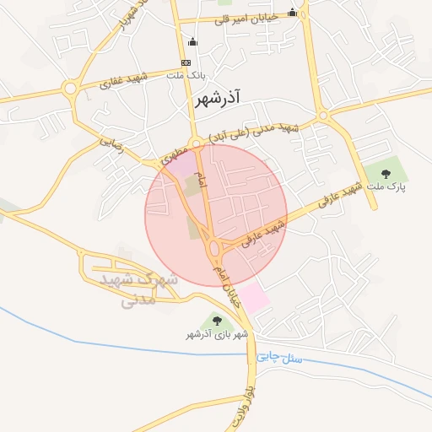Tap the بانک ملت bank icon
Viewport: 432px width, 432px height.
click(186, 63)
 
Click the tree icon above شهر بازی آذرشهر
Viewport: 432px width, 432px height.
click(218, 321)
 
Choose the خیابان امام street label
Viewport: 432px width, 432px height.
click(226, 283)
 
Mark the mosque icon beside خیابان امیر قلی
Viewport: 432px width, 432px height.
click(292, 13)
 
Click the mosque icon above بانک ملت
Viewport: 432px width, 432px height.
click(192, 42)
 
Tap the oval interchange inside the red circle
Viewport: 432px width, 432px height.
click(216, 247)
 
